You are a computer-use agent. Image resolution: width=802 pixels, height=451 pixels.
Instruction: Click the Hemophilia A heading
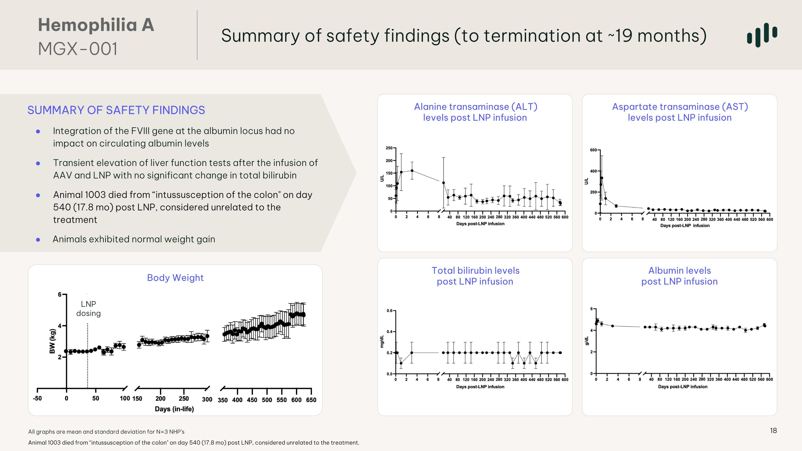96,25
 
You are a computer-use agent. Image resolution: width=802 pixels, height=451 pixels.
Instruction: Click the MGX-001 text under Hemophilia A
78,49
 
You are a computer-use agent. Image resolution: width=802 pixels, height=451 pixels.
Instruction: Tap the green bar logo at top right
762,35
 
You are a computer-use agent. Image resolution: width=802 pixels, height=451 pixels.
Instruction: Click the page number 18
773,430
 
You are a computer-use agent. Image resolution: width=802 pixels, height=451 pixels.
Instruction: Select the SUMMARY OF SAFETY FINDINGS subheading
116,110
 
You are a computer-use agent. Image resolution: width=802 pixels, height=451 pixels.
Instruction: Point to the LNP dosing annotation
88,309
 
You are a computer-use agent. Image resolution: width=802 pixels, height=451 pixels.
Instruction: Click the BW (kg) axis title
52,341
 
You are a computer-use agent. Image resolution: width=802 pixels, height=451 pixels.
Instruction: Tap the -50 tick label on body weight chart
37,398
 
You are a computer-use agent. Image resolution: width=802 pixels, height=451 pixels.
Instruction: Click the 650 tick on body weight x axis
311,400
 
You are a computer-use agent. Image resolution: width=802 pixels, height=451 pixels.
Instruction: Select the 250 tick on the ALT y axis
389,148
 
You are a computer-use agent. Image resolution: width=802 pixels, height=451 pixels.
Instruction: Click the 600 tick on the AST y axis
593,150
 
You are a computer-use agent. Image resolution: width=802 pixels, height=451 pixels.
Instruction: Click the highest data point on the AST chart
602,178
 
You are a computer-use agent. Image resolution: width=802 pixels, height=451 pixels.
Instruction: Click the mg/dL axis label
381,341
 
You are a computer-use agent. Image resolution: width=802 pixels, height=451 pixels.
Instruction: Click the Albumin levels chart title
679,276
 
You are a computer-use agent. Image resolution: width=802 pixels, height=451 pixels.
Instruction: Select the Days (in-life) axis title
174,409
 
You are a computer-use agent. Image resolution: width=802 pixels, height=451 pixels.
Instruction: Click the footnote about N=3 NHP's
106,432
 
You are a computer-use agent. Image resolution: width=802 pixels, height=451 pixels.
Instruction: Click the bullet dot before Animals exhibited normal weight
38,239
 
